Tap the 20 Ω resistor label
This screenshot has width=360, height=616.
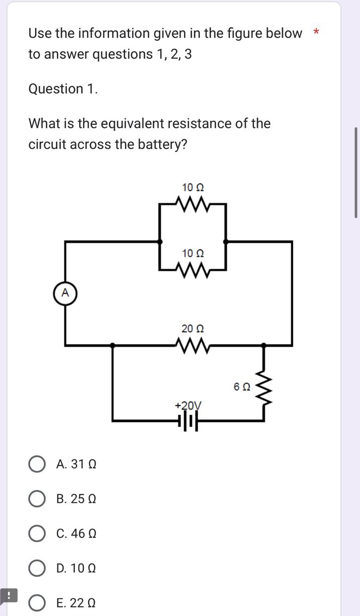click(x=193, y=329)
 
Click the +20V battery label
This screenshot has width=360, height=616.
click(x=188, y=405)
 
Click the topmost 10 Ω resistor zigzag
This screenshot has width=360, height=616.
click(x=193, y=204)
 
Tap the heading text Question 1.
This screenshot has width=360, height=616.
click(x=63, y=89)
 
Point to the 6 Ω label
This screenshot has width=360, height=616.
click(x=242, y=387)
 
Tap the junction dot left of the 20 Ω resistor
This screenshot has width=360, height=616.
click(x=113, y=345)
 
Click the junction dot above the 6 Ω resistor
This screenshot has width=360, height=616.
click(x=262, y=345)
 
